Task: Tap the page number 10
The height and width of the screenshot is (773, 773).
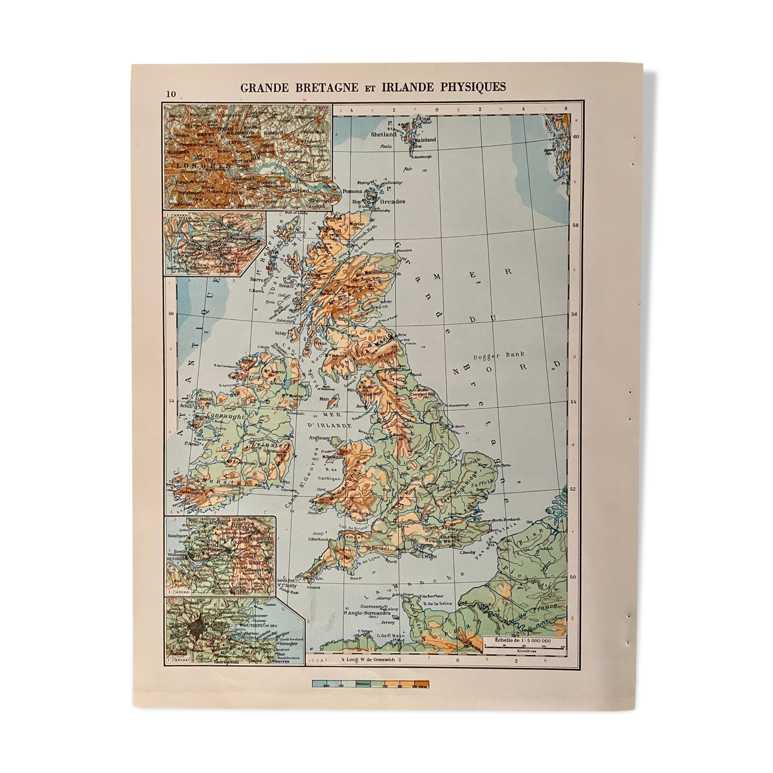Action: click(170, 94)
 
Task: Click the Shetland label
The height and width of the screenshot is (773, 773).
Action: click(383, 135)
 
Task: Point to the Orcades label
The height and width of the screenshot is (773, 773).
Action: click(393, 202)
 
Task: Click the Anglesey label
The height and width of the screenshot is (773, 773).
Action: click(320, 438)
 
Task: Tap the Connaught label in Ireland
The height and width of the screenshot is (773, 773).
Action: click(225, 416)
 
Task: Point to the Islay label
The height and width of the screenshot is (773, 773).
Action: click(280, 333)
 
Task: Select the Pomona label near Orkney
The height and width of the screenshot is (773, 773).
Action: click(352, 191)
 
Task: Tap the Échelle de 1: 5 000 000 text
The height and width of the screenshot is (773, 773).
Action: click(522, 640)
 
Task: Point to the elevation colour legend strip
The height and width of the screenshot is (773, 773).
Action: click(370, 684)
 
